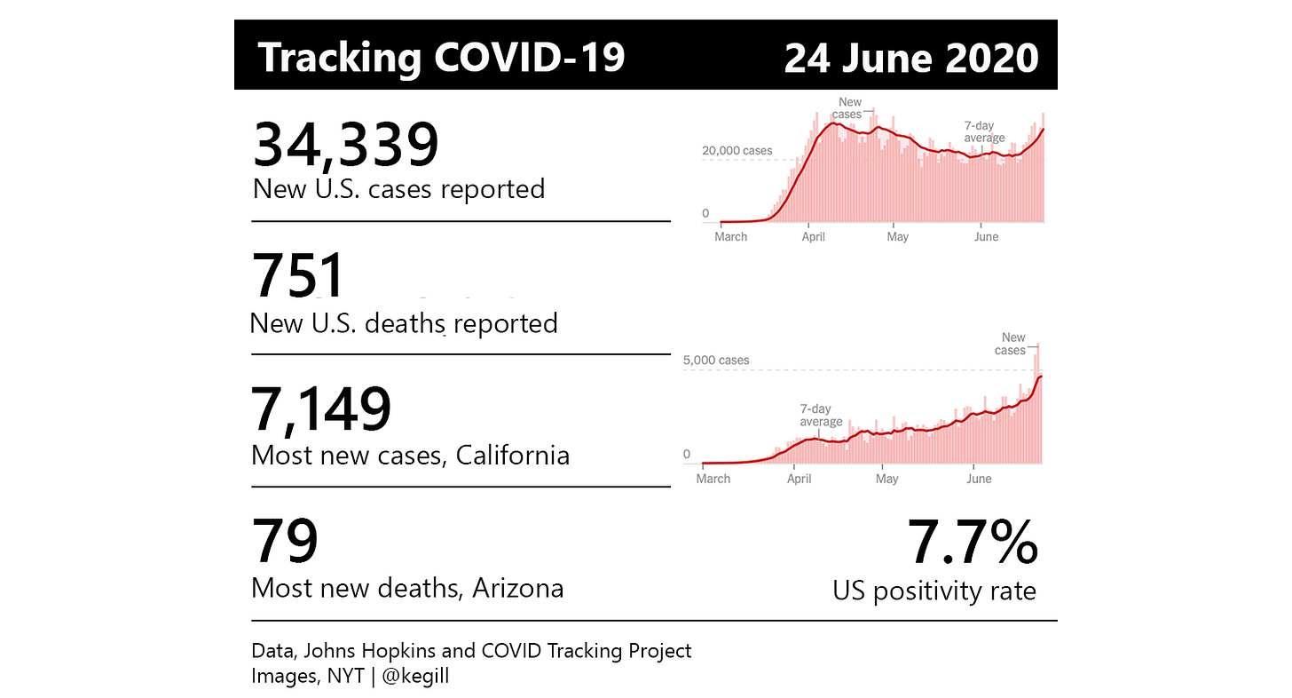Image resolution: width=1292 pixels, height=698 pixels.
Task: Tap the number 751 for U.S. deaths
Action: click(x=299, y=275)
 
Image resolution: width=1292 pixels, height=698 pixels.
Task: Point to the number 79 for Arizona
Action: click(x=285, y=542)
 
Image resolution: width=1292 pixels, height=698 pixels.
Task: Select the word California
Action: click(x=512, y=456)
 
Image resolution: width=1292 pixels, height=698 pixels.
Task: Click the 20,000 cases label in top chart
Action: click(x=737, y=151)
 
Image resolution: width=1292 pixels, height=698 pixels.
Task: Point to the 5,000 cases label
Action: click(x=715, y=361)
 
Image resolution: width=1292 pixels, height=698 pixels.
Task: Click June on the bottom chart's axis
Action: click(x=979, y=479)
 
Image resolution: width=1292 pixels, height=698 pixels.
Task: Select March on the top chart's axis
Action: click(x=730, y=237)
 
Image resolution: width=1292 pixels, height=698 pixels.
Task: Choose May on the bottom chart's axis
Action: click(x=886, y=479)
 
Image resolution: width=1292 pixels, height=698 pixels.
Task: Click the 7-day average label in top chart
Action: click(x=984, y=132)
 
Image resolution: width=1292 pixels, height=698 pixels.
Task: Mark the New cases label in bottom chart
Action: click(x=1012, y=344)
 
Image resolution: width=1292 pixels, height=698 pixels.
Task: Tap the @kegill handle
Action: click(x=415, y=676)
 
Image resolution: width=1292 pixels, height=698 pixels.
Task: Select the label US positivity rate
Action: click(x=934, y=591)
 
